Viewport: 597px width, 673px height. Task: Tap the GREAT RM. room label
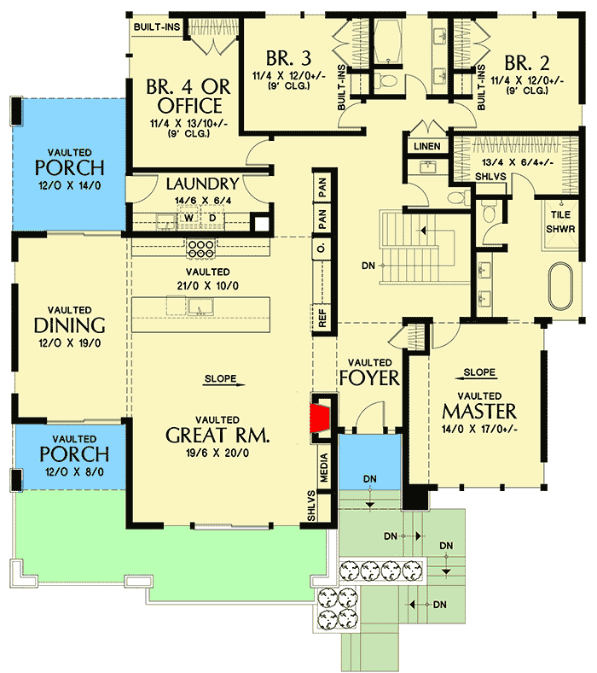pyautogui.click(x=218, y=435)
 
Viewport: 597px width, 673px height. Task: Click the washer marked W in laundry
pyautogui.click(x=189, y=219)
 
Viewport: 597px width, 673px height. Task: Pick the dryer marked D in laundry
pyautogui.click(x=212, y=219)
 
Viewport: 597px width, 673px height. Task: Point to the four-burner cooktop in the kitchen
pyautogui.click(x=200, y=248)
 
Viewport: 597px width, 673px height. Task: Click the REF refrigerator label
pyautogui.click(x=322, y=317)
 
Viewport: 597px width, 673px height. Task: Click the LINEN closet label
pyautogui.click(x=427, y=147)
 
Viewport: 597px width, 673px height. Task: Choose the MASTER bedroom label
pyautogui.click(x=478, y=411)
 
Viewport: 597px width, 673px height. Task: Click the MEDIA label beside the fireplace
pyautogui.click(x=324, y=467)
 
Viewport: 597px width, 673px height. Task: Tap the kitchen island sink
pyautogui.click(x=203, y=305)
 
